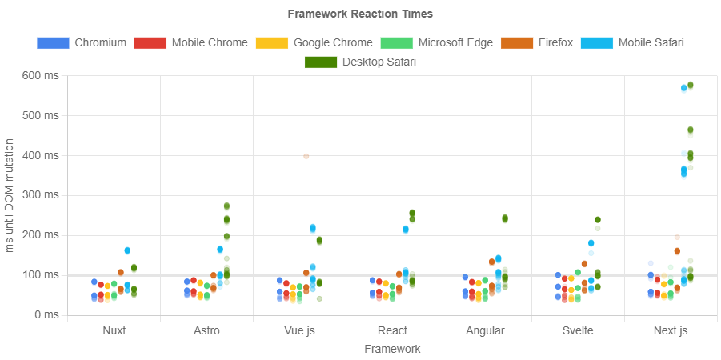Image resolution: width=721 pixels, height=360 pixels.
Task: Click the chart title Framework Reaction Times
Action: point(360,14)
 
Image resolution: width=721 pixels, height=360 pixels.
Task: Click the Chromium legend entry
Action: point(81,42)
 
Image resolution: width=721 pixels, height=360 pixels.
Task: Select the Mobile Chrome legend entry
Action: point(190,42)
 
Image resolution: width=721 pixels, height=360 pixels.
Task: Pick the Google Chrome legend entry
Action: point(314,42)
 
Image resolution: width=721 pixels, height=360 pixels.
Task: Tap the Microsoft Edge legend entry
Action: point(436,42)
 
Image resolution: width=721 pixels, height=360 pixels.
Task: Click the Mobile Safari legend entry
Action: point(632,42)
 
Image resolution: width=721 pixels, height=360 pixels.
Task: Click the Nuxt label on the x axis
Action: point(114,330)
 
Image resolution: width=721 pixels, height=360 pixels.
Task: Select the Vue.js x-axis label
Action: point(299,330)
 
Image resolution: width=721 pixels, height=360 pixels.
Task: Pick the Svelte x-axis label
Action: point(578,330)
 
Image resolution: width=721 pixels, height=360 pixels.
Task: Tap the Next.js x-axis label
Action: point(671,330)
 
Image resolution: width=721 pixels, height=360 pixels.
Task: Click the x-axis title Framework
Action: point(392,349)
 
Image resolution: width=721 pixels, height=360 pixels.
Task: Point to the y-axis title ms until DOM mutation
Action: point(10,195)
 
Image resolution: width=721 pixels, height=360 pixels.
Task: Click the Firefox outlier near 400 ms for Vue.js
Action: point(306,156)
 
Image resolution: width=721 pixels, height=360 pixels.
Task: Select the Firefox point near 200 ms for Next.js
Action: point(677,237)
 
